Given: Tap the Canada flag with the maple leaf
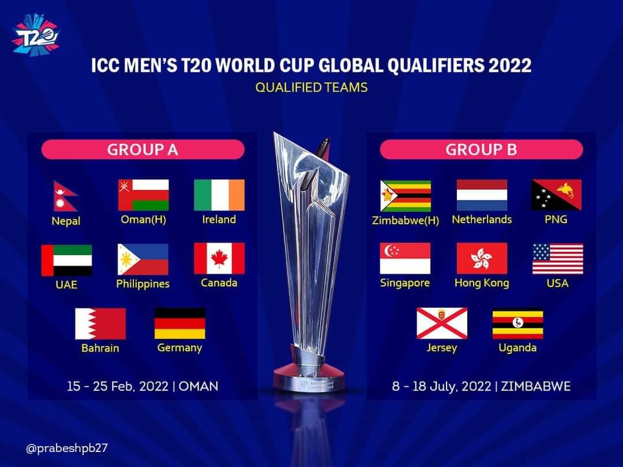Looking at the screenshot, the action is [219, 258].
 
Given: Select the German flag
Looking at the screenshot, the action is [180, 323].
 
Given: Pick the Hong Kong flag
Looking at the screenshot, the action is [482, 258].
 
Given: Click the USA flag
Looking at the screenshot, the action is [558, 259].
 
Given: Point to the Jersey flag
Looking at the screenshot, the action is [442, 323].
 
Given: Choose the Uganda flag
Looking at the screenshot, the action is [517, 324].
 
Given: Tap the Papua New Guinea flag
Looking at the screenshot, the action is [557, 195].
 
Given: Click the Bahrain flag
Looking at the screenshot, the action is [100, 323].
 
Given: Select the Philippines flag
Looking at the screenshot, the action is [143, 259].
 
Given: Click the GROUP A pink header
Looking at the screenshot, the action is [143, 150].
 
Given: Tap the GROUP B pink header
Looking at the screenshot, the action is [482, 150].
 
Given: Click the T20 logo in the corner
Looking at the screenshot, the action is [36, 36].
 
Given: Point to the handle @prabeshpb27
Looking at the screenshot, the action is [67, 449].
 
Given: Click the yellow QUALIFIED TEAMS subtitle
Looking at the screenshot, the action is [311, 88].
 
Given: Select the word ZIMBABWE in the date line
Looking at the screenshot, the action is [535, 386].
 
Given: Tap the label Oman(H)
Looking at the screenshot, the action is [144, 220].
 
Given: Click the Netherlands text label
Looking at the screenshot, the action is [482, 220].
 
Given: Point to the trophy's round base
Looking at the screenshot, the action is [309, 380].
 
